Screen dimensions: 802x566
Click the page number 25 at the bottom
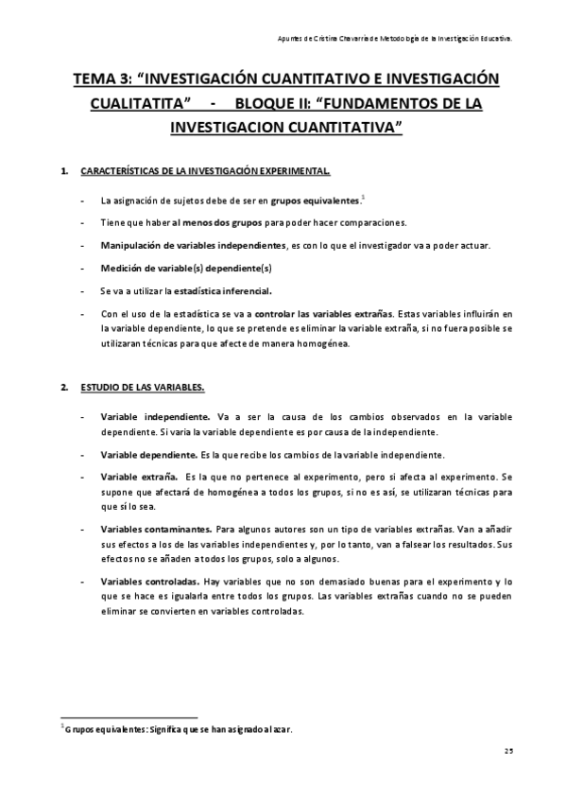click(x=507, y=750)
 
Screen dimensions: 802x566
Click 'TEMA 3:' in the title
click(x=107, y=79)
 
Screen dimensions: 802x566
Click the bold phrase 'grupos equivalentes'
click(x=315, y=201)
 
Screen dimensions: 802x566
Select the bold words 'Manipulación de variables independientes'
click(x=183, y=246)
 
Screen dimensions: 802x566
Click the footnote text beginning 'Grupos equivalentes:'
click(x=179, y=729)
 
